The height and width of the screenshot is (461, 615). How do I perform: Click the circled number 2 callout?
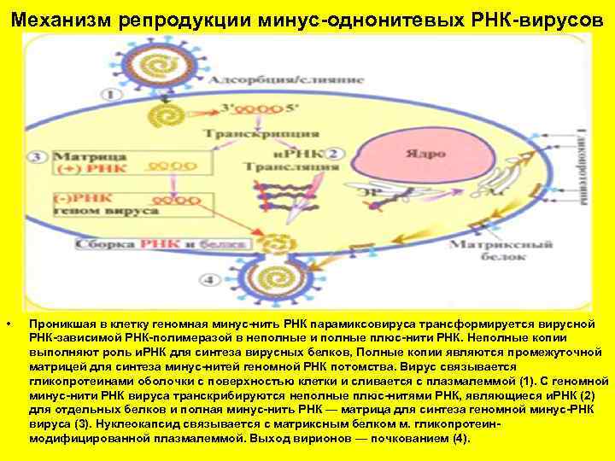[335, 154]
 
